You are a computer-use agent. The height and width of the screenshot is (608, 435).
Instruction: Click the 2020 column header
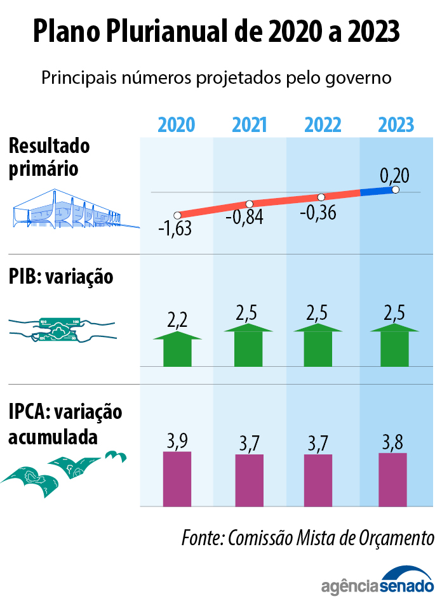coord(176,124)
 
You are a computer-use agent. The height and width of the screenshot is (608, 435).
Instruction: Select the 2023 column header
coord(396,124)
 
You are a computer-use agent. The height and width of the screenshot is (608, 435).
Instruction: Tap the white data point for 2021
coord(249,204)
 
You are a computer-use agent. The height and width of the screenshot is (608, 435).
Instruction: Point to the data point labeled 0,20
coord(396,190)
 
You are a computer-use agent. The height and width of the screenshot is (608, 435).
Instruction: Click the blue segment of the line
coord(377,191)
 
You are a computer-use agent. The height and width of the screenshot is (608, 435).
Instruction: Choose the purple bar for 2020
coord(177,479)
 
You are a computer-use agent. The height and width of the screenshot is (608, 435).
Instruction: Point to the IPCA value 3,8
coord(393,442)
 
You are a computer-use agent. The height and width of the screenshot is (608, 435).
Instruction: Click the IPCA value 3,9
coord(177,440)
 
